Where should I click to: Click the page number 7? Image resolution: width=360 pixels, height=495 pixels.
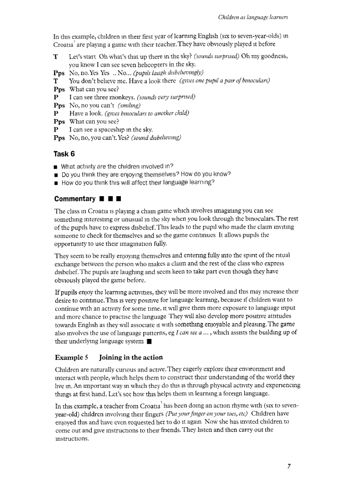coord(288,467)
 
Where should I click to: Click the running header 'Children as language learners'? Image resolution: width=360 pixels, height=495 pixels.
coord(253,17)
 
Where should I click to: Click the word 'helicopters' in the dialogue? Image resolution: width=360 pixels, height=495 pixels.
coord(137,65)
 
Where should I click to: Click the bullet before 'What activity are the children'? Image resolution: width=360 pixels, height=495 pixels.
coord(56,167)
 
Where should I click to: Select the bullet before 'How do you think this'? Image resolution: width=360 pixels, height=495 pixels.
coord(56,182)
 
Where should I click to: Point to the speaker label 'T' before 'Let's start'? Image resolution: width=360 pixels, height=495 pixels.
coord(56,57)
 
